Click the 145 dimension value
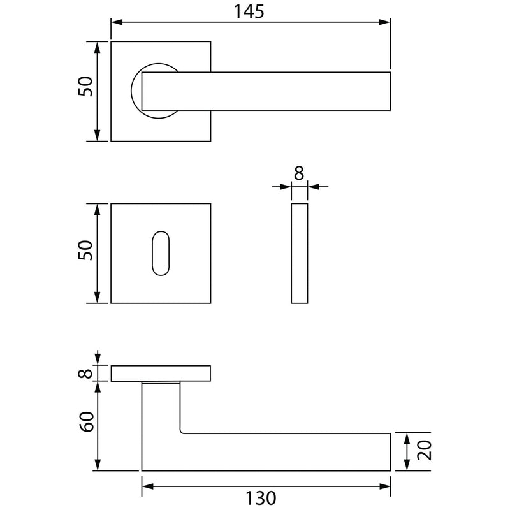(249, 11)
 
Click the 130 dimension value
(261, 498)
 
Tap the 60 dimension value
(87, 421)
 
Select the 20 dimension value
(425, 451)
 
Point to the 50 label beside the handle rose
(85, 86)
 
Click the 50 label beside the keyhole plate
(85, 250)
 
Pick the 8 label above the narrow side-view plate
(299, 173)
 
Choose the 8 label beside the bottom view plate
(85, 373)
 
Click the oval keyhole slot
(161, 253)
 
